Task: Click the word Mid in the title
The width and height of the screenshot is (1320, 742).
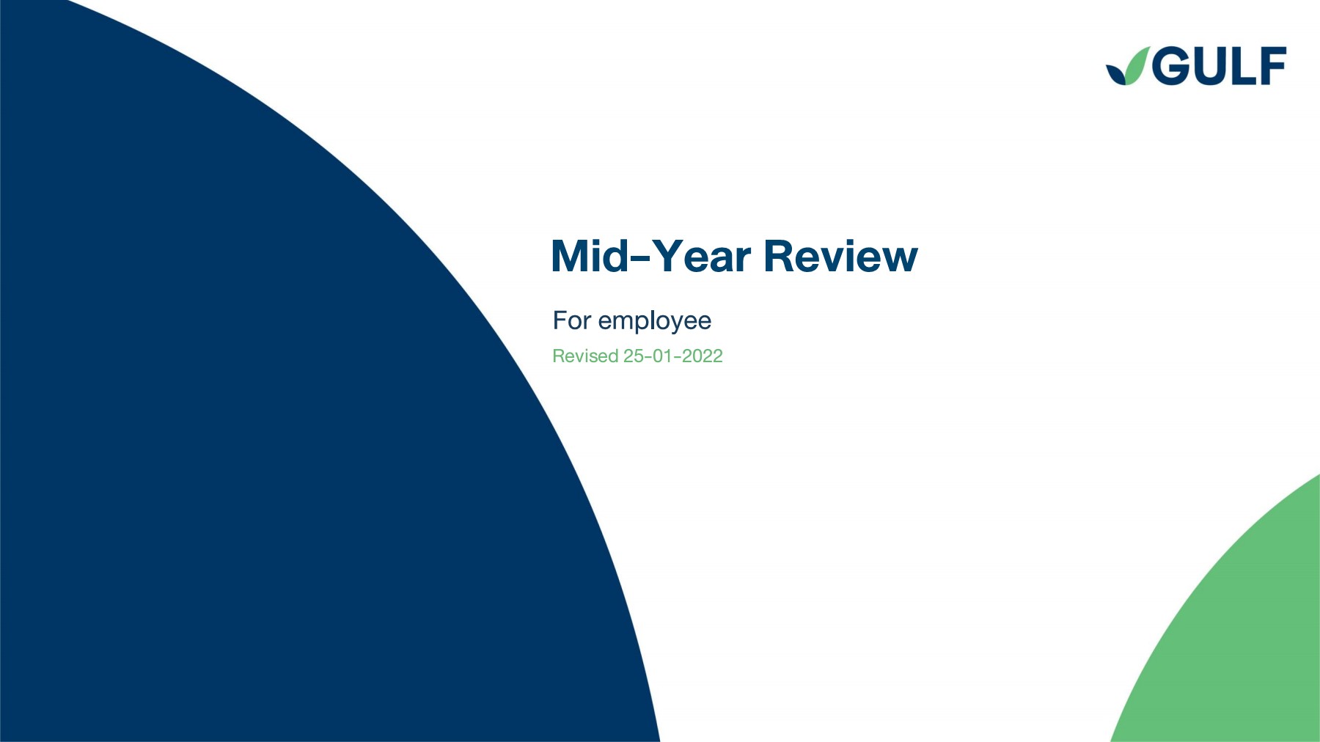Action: click(x=589, y=257)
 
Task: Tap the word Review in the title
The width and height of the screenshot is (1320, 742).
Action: click(x=840, y=257)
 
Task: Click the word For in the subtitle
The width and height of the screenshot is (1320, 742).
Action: click(x=571, y=320)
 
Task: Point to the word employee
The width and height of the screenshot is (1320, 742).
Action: click(x=654, y=322)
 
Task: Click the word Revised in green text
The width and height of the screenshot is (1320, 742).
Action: click(x=585, y=356)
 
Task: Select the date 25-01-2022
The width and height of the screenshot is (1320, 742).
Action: click(x=672, y=356)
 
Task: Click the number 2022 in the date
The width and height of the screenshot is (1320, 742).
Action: click(x=702, y=356)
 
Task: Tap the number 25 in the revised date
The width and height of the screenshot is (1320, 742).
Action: click(x=633, y=356)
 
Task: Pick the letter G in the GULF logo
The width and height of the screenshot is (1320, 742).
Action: click(x=1171, y=67)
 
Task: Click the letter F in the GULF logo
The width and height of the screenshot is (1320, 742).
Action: click(x=1271, y=67)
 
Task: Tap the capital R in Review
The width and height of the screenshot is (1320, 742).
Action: click(x=780, y=257)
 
